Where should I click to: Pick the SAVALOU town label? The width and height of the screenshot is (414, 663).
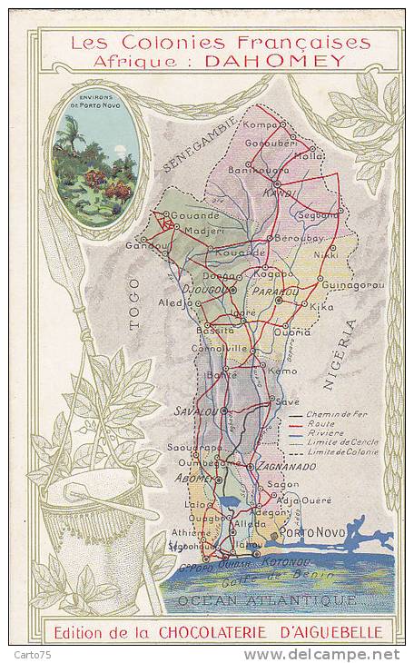pyautogui.click(x=195, y=411)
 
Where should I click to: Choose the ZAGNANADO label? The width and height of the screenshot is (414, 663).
pyautogui.click(x=286, y=466)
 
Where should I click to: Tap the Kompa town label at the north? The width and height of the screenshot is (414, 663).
pyautogui.click(x=261, y=124)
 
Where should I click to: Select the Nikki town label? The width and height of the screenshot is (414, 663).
pyautogui.click(x=325, y=254)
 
